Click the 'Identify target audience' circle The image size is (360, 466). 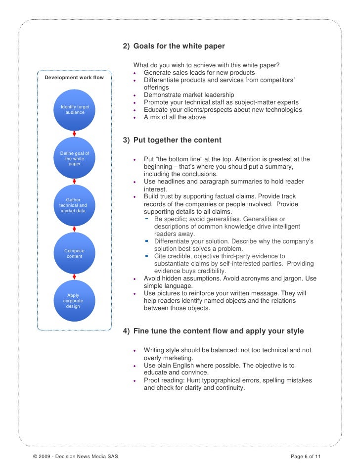pyautogui.click(x=74, y=110)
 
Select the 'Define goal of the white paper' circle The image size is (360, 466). pyautogui.click(x=74, y=158)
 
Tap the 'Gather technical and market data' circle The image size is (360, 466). pyautogui.click(x=74, y=206)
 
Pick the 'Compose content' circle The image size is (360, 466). pyautogui.click(x=74, y=253)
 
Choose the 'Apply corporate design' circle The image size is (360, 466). pyautogui.click(x=73, y=301)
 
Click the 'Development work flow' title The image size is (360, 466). pyautogui.click(x=74, y=78)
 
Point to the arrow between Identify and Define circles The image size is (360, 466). pyautogui.click(x=74, y=134)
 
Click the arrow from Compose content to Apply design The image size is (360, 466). pyautogui.click(x=74, y=277)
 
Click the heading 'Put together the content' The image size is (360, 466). pyautogui.click(x=177, y=140)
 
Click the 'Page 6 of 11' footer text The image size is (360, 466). pyautogui.click(x=307, y=456)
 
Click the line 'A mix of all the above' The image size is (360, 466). pyautogui.click(x=175, y=117)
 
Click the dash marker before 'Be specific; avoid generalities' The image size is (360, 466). pyautogui.click(x=147, y=218)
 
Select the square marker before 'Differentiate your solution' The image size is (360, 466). pyautogui.click(x=147, y=241)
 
